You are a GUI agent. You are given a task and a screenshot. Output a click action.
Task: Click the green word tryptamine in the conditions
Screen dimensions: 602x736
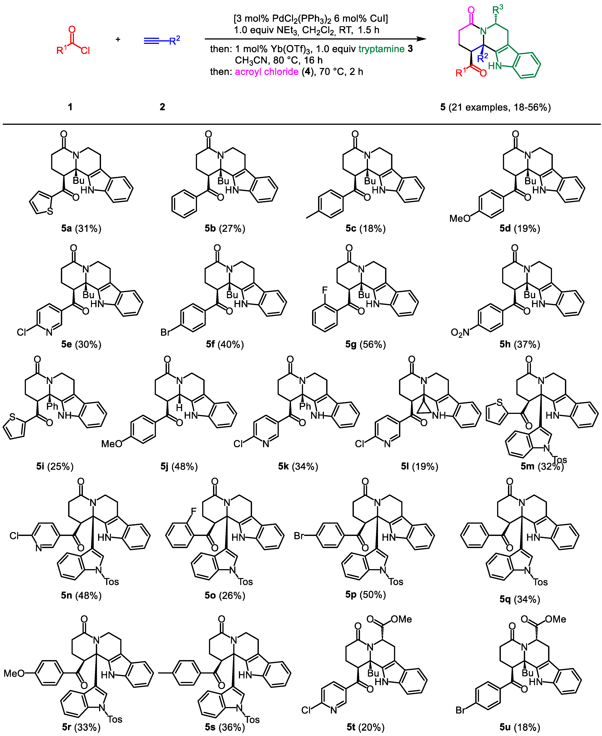[x=382, y=49]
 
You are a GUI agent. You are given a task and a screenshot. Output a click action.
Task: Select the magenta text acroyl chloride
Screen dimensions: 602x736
[x=267, y=72]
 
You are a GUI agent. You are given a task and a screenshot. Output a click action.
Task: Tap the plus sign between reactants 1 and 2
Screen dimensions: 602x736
[x=118, y=39]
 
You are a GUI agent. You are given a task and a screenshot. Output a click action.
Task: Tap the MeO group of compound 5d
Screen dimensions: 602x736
[x=460, y=218]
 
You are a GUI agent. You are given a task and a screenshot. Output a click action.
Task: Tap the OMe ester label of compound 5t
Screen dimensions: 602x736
[x=401, y=619]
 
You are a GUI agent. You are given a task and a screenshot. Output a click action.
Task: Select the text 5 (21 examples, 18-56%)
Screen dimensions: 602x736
[x=495, y=107]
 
